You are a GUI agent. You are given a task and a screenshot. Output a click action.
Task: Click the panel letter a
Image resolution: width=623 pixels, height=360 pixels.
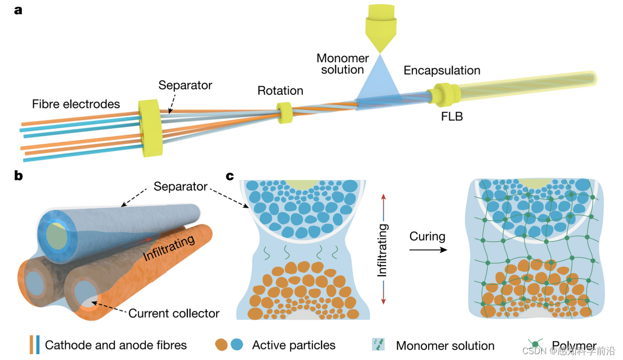coord(18,10)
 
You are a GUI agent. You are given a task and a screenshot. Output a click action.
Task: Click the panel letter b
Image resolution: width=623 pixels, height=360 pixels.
coord(18,176)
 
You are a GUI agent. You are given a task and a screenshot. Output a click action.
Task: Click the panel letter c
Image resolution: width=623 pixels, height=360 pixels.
coord(230,176)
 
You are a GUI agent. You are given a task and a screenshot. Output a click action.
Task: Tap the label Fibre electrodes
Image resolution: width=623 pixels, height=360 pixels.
coord(76,104)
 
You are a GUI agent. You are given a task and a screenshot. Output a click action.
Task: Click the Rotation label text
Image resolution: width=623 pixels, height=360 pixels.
coord(280,91)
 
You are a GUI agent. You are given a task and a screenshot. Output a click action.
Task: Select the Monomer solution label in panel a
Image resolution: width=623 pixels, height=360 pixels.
coord(343,64)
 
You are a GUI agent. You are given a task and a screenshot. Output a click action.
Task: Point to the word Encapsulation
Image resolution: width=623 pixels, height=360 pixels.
coord(442,71)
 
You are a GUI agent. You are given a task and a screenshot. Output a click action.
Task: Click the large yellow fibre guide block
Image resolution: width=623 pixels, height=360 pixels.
coord(148,128)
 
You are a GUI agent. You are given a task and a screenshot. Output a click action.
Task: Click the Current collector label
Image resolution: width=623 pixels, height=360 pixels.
coord(174,313)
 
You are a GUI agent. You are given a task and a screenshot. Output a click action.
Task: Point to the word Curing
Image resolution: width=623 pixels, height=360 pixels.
coord(427,237)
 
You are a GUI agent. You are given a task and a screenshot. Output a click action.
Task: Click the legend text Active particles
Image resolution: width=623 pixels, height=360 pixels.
coord(293,345)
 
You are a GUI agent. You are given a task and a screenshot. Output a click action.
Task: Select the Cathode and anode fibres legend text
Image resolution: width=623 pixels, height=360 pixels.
coord(116,345)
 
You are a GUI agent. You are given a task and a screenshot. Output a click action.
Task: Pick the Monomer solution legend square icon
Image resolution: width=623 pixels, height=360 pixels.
coord(378,345)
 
